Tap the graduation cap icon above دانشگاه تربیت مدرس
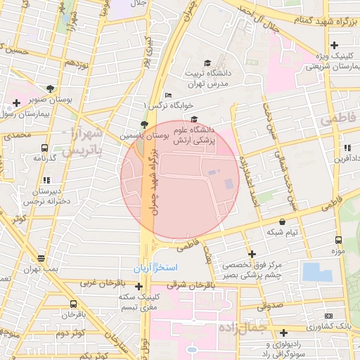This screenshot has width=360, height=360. [x=207, y=63]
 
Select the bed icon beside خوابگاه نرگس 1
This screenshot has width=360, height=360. [x=167, y=96]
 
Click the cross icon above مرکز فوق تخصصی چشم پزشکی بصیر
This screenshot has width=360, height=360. [x=252, y=254]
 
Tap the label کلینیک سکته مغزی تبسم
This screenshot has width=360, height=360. [x=139, y=302]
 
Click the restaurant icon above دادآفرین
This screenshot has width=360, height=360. [x=347, y=148]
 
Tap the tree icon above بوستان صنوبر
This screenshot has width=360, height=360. [x=50, y=89]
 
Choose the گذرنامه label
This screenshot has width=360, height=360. [x=44, y=157]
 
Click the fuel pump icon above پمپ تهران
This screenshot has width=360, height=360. [x=41, y=258]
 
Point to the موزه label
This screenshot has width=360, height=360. [x=339, y=250]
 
